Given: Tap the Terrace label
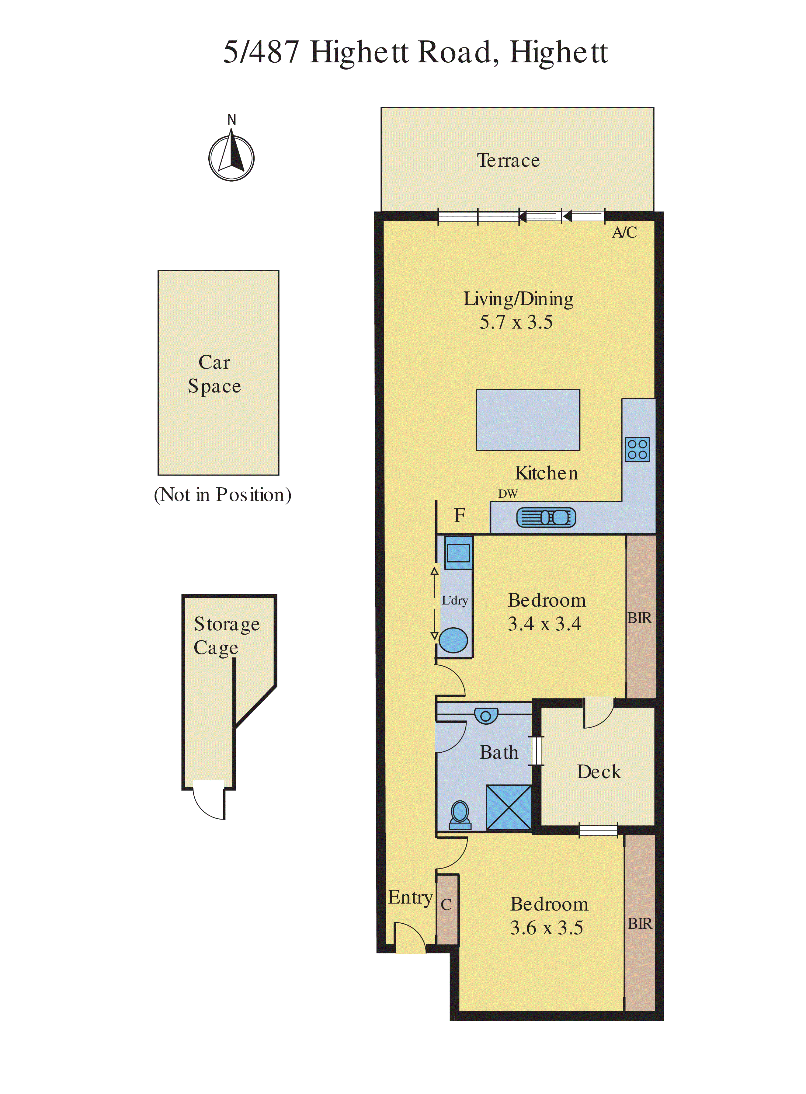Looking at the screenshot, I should pos(508,161).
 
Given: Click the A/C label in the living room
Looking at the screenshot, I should pos(624,232).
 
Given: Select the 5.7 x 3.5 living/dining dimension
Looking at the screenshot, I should pos(516,322).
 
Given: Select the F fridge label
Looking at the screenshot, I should pos(460,515).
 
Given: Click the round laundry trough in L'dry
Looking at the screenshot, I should pos(453,640).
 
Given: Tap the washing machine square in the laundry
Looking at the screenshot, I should pos(458,553).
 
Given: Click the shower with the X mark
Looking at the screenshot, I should pos(508,807).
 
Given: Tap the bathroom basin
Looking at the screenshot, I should pos(486,716).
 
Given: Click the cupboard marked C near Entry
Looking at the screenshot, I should pos(446,904).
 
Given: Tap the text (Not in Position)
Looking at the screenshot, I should pos(222,495).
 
